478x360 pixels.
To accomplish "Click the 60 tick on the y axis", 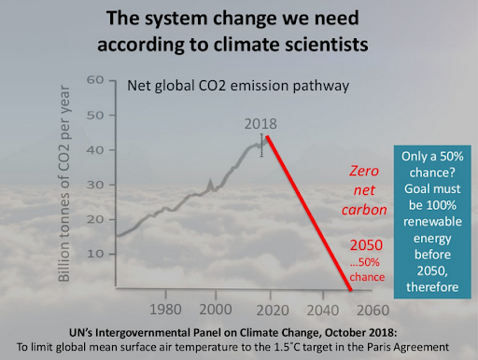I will click(x=95, y=80).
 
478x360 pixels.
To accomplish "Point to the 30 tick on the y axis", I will click(x=95, y=183).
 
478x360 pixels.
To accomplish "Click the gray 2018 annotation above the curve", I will click(x=262, y=124).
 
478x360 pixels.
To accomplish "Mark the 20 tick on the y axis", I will click(x=95, y=216).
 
